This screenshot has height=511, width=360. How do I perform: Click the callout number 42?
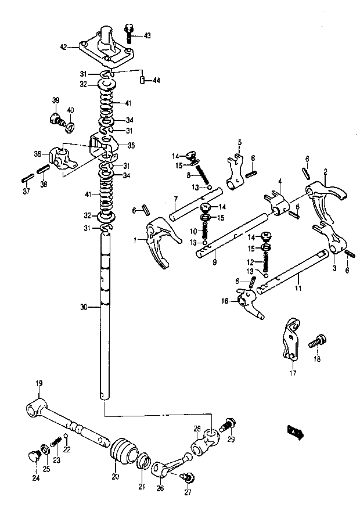[x=64, y=47]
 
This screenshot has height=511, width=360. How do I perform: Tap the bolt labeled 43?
[x=129, y=33]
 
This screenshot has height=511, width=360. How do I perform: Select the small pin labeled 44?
[x=142, y=80]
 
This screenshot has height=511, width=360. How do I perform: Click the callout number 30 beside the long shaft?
[x=84, y=307]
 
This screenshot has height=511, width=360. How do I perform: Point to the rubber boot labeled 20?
[x=123, y=452]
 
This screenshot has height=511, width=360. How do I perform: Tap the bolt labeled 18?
[x=317, y=342]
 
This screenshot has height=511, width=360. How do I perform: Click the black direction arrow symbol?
[x=296, y=432]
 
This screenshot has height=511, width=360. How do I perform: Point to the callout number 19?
[x=39, y=383]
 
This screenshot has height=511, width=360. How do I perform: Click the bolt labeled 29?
[x=228, y=424]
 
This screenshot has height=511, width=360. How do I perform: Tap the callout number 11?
[x=298, y=288]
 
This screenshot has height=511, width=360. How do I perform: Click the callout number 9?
[x=214, y=262]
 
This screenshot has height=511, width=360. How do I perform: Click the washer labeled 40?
[x=70, y=127]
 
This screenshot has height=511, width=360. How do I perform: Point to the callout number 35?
[x=131, y=146]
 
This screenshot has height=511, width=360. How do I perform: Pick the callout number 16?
[x=225, y=301]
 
